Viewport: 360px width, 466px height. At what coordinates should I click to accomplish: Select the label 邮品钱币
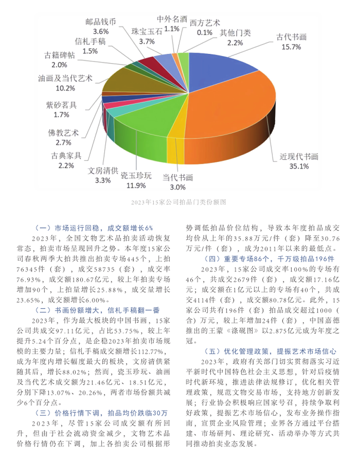(100, 22)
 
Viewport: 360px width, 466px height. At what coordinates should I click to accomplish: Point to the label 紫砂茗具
(61, 105)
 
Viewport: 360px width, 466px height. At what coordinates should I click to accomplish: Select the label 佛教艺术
(63, 133)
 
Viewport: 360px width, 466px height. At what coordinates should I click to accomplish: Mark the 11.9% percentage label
(136, 185)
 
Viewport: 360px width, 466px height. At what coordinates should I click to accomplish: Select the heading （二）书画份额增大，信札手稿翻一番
(100, 310)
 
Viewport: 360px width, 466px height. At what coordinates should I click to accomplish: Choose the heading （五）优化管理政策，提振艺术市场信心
(271, 351)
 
